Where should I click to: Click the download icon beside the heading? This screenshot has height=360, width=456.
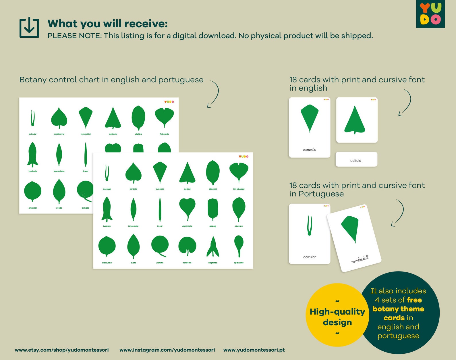[29, 28]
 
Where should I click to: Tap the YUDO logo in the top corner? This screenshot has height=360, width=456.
[430, 14]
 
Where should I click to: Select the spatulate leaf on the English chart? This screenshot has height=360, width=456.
[239, 246]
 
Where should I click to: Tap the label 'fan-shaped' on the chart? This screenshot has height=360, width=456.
[239, 189]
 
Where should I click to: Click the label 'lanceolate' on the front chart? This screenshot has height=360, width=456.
[133, 226]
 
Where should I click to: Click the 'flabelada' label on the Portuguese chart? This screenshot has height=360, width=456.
[164, 134]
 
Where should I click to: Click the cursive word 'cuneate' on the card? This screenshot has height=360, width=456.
[309, 150]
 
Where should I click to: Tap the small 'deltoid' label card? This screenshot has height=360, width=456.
[356, 160]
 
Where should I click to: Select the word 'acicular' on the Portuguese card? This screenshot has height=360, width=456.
[309, 257]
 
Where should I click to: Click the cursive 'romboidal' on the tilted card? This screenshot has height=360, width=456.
[360, 259]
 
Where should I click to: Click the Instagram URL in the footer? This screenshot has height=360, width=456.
[167, 350]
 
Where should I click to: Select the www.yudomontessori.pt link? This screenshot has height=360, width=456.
[254, 350]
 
